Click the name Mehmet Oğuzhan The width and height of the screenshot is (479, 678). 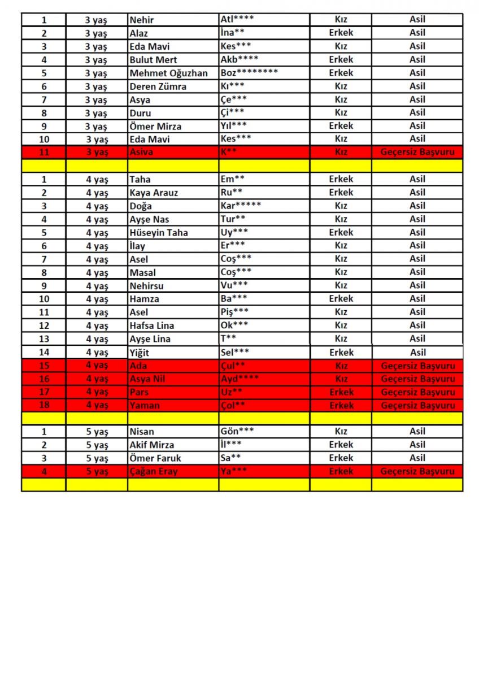click(168, 73)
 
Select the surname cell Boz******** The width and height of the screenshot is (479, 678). click(249, 73)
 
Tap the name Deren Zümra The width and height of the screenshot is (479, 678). click(158, 86)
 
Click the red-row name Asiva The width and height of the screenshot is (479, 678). click(141, 152)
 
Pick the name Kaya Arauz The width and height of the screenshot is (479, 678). click(154, 193)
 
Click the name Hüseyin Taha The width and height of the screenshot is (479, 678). click(159, 232)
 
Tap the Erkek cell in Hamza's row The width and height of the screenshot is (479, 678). click(341, 298)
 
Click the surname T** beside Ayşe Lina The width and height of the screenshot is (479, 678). click(228, 338)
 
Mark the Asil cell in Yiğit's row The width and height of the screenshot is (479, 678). click(417, 352)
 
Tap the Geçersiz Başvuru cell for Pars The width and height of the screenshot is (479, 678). click(417, 392)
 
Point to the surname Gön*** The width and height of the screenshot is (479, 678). click(237, 431)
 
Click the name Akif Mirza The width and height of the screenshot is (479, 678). click(152, 445)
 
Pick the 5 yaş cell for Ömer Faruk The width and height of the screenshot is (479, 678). click(97, 458)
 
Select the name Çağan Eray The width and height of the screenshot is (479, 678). click(154, 471)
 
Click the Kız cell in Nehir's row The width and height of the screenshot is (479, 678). click(341, 19)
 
